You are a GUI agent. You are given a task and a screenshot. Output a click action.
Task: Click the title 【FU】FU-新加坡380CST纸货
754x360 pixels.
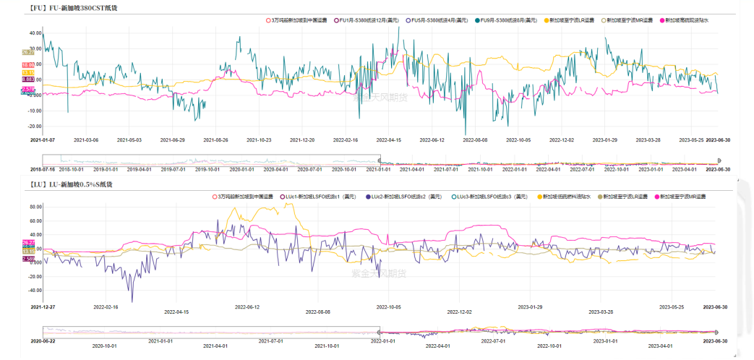pos(72,8)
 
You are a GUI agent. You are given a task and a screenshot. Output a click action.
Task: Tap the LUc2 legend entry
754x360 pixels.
pos(405,197)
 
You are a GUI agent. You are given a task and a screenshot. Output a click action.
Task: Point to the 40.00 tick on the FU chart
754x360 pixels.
pos(35,33)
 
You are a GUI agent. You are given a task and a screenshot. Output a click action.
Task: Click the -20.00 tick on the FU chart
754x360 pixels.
pos(34,126)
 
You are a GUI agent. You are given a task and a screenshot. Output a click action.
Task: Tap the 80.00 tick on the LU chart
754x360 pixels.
pos(35,206)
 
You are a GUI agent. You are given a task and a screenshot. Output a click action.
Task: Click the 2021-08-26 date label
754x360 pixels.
pos(216,140)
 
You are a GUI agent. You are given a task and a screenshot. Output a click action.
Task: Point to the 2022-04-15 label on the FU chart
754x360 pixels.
pos(389,140)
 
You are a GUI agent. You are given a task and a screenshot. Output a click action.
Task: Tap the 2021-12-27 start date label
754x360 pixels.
pos(43,307)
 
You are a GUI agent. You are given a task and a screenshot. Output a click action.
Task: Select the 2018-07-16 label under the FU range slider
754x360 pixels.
pos(42,169)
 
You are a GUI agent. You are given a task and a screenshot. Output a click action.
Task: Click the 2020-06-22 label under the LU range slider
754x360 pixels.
pos(43,340)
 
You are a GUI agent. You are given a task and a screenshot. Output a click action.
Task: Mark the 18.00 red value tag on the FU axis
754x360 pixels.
pos(29,65)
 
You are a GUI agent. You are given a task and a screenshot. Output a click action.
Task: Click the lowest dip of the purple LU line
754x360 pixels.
pos(132,301)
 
